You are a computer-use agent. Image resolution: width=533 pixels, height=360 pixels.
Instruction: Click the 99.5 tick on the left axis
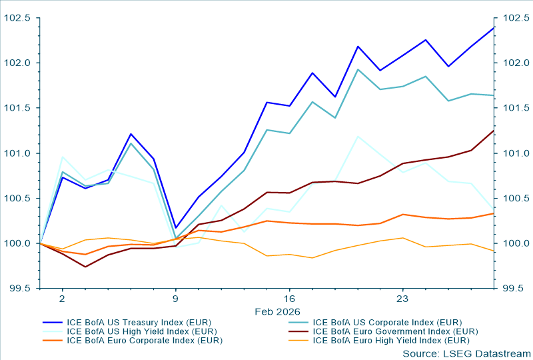pyautogui.click(x=20, y=289)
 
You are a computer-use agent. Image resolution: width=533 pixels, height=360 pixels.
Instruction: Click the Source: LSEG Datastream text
pyautogui.click(x=466, y=353)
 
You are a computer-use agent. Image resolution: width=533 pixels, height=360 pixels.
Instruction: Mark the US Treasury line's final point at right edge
pyautogui.click(x=494, y=27)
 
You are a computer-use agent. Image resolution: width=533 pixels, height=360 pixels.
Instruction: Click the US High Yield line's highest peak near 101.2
pyautogui.click(x=358, y=136)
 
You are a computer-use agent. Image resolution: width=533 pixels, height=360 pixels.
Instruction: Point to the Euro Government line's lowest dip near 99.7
pyautogui.click(x=85, y=267)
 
